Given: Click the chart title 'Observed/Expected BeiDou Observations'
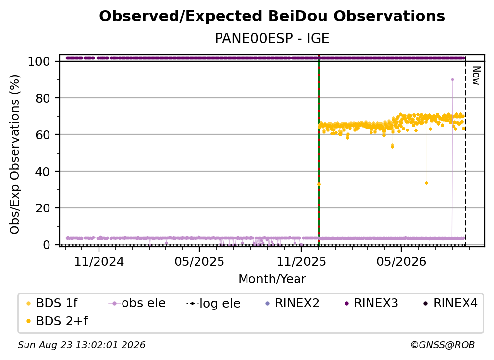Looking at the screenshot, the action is pos(272,16).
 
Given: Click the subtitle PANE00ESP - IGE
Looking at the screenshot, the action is pos(272,39).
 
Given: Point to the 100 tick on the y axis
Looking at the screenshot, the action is pos(39,61).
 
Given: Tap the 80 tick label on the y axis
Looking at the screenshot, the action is pos(43,98).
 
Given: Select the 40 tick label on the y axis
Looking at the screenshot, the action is pos(43,172).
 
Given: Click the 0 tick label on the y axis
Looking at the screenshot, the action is pos(47,245).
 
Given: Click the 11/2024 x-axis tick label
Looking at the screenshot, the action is pos(99,261).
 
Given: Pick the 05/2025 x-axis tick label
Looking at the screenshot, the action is pos(199,261).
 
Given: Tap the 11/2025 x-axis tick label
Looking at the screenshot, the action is pos(301,261).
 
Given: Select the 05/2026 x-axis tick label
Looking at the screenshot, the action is pos(401,261).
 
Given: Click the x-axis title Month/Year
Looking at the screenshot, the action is pos(272,279).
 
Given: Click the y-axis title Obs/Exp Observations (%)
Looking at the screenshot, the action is pos(15,154).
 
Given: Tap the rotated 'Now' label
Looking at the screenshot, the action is pos(476,76).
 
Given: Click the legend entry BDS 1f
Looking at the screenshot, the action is pos(57,303).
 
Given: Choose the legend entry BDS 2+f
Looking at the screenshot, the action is pos(62,321).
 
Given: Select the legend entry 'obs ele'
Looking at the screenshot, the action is pos(143,303).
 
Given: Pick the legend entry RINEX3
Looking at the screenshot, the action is pos(376,303).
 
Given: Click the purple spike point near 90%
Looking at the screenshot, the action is pos(452,80).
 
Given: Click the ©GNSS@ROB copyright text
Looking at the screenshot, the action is pos(443,345).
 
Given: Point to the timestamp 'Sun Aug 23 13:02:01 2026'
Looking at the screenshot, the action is pos(81,345).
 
